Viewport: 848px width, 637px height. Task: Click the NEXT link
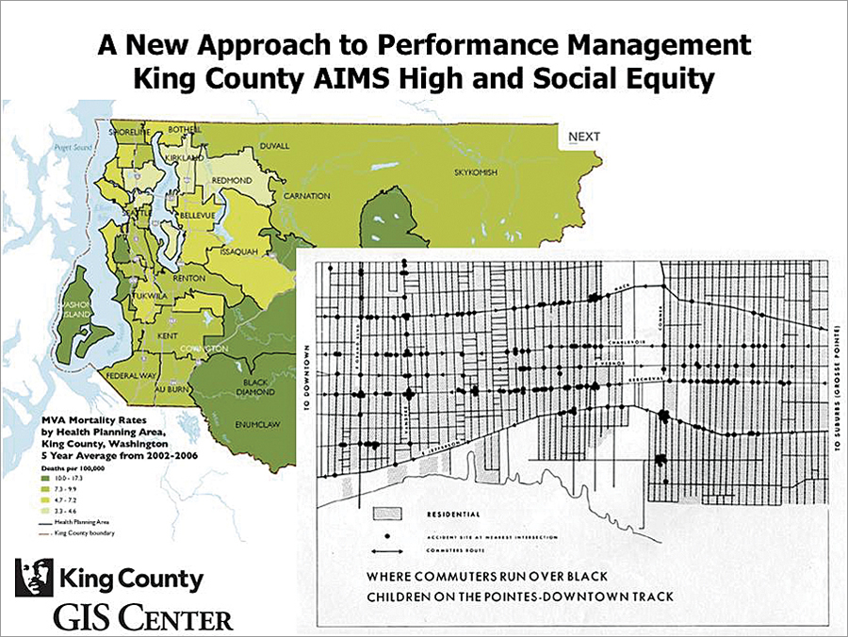click(583, 137)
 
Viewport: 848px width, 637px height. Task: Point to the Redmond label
click(232, 179)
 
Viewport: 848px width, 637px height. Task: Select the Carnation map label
click(308, 196)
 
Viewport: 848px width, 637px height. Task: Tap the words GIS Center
click(141, 618)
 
